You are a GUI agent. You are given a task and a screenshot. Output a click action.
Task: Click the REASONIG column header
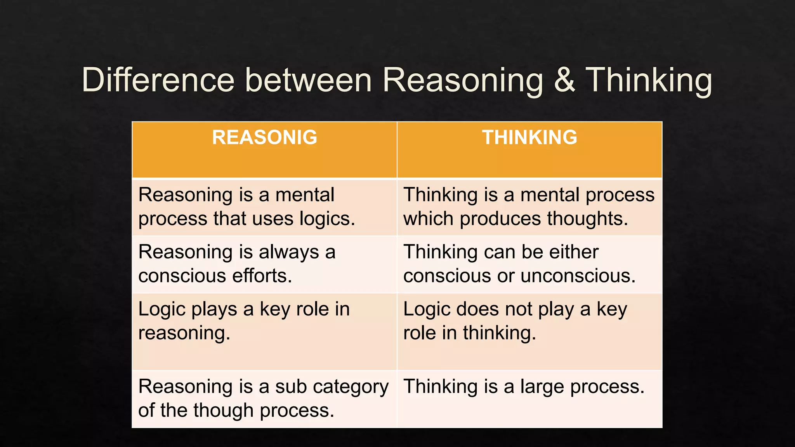point(264,137)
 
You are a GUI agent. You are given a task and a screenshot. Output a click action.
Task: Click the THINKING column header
point(529,137)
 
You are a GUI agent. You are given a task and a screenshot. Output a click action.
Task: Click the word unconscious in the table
point(578,276)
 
